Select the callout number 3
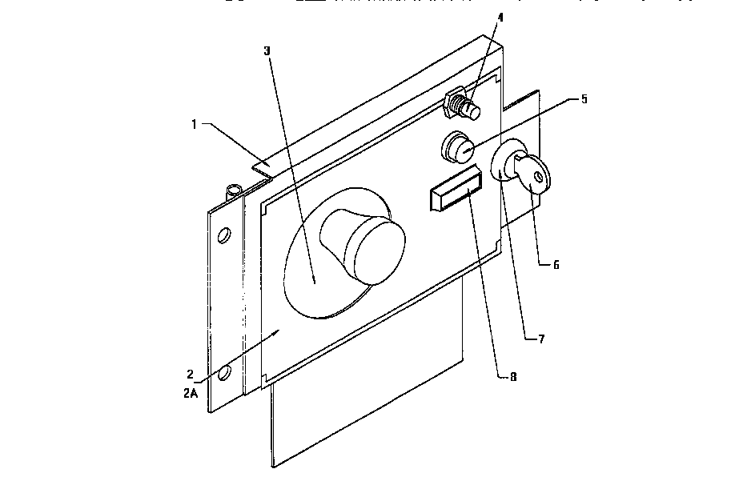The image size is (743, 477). [267, 50]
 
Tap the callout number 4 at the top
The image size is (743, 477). [500, 16]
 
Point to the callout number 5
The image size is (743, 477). [584, 99]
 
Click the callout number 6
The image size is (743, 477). [555, 263]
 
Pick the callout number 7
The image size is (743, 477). [541, 339]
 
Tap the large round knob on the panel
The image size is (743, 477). [364, 248]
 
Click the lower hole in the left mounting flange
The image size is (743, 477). [224, 373]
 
